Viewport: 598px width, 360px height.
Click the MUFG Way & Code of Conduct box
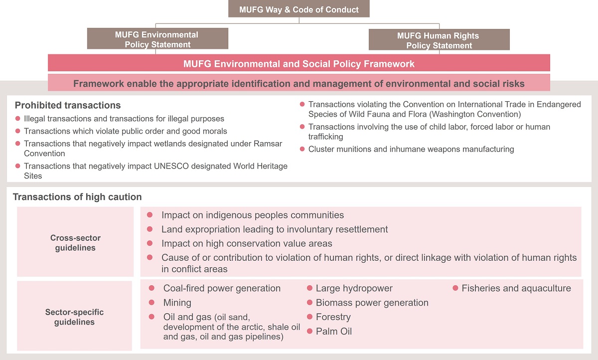point(299,9)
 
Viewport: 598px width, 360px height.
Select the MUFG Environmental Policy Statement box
point(157,39)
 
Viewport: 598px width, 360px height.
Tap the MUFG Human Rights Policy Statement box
point(439,40)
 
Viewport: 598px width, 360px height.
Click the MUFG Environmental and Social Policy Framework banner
point(299,64)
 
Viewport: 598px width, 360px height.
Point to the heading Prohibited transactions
point(68,106)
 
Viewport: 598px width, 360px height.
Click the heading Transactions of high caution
point(77,197)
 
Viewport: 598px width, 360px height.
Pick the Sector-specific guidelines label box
point(75,317)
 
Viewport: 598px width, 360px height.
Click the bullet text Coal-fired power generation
point(222,288)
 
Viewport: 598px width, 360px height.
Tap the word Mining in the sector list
point(177,303)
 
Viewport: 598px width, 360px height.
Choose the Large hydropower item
point(354,288)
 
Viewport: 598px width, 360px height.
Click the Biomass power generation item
point(372,303)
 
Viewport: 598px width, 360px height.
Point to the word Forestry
point(333,317)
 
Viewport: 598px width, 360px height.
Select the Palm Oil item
point(333,332)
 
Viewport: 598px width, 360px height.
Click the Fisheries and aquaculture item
point(516,288)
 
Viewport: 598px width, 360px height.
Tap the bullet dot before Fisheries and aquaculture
point(455,288)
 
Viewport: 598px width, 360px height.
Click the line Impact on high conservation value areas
point(247,244)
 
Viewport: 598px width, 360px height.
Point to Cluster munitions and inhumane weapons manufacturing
point(411,149)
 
